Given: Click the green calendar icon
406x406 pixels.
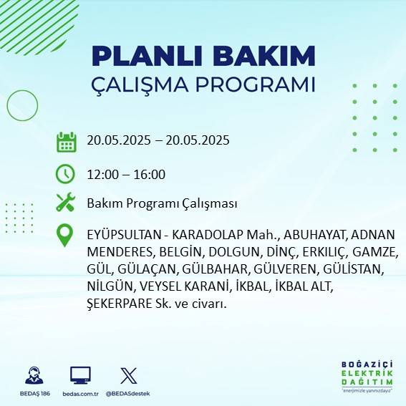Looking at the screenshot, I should pos(66,141).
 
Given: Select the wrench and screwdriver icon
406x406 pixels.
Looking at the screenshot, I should pos(66,203).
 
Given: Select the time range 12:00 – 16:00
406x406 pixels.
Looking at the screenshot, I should pos(126,174).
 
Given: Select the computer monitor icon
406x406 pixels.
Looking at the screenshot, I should pos(80,375).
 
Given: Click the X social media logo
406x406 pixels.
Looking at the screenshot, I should pos(129,375).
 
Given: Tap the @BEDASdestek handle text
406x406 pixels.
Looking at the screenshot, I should pos(129,394).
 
